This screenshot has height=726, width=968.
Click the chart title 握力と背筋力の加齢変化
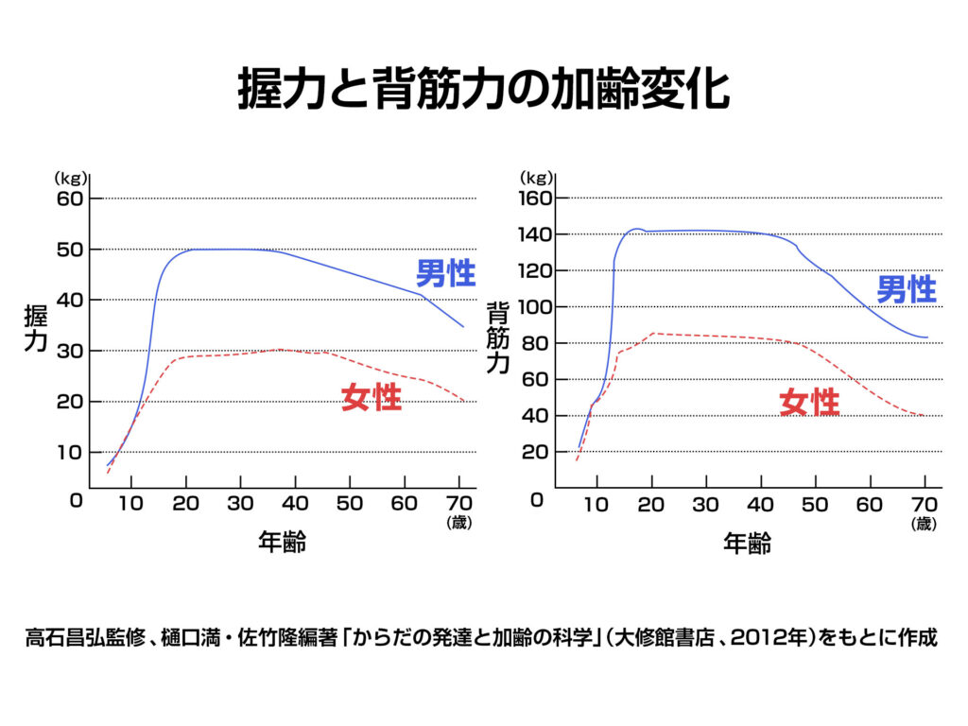click(x=483, y=91)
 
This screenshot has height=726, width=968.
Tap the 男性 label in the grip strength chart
click(x=446, y=273)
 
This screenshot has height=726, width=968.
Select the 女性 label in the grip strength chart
click(x=372, y=398)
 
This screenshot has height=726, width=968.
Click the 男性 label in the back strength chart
click(x=906, y=289)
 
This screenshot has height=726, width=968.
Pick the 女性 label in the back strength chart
click(x=809, y=404)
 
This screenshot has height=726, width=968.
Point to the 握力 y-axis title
click(x=35, y=327)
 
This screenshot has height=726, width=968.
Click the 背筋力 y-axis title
click(x=497, y=337)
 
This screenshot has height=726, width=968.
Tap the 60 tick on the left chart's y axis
click(x=72, y=199)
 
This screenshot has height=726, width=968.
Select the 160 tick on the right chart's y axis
click(x=536, y=199)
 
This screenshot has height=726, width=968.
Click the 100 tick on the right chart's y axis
click(x=536, y=307)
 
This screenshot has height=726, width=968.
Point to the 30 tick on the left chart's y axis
click(x=72, y=351)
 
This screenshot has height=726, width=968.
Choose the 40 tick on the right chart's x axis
click(x=759, y=505)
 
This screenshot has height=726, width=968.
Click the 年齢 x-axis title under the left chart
click(x=282, y=543)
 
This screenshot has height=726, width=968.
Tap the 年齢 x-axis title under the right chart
click(x=747, y=544)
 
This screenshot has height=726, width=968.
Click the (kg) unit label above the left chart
click(x=71, y=177)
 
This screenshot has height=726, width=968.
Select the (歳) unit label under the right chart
click(x=924, y=523)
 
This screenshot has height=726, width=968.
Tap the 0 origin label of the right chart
click(x=536, y=498)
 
